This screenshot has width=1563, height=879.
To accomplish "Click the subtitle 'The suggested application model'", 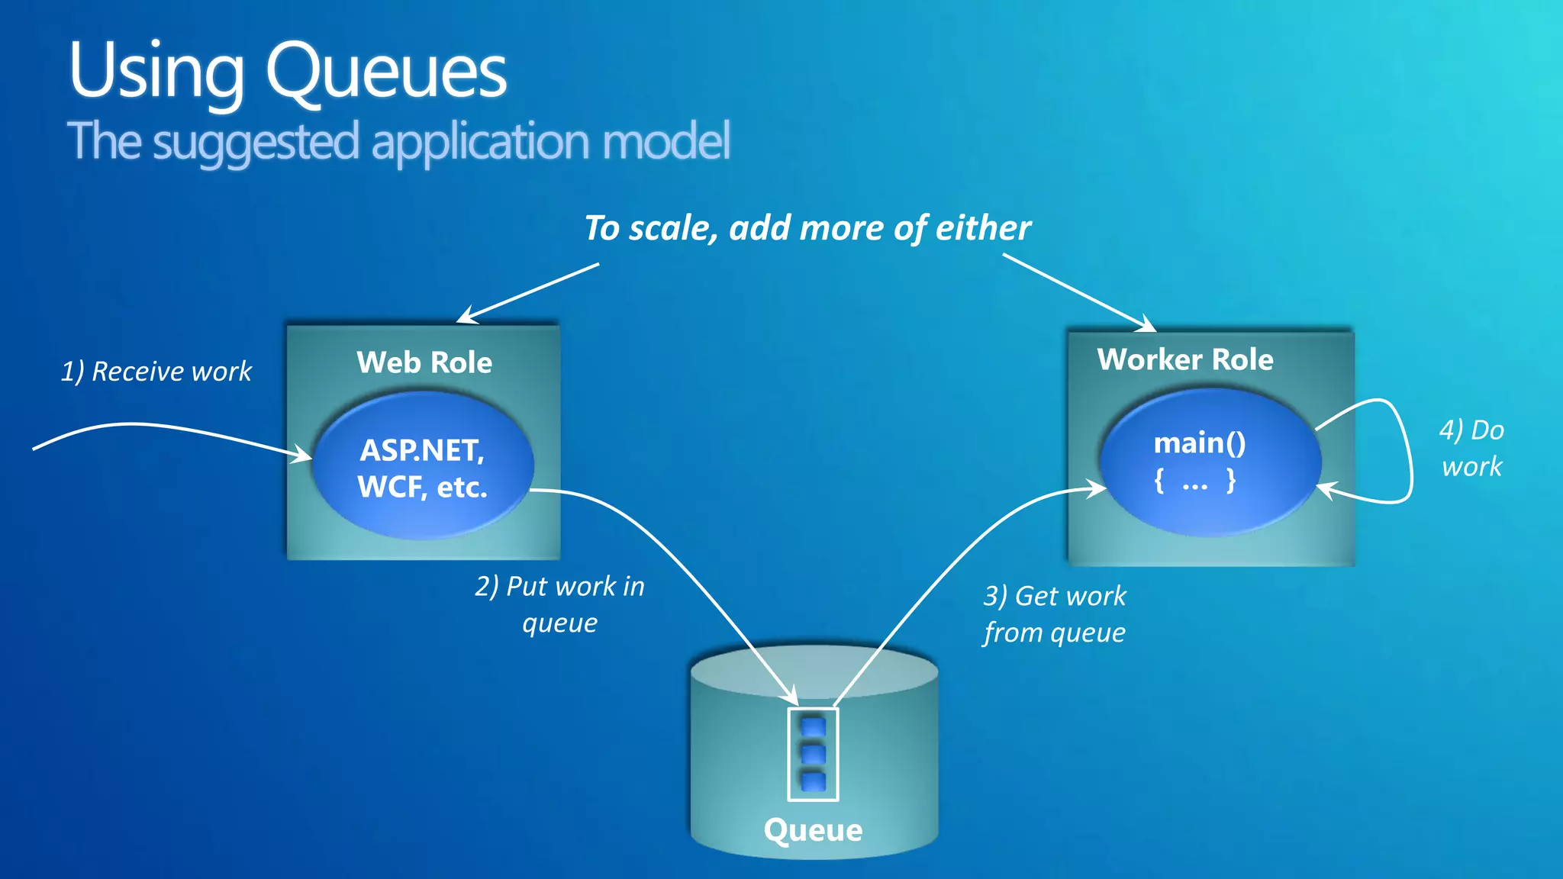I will pos(398,142).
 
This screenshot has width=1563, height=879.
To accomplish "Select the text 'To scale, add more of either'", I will pos(807,228).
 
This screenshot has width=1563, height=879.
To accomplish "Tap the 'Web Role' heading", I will pos(424,362).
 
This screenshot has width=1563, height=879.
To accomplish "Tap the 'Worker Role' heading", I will pos(1184,359).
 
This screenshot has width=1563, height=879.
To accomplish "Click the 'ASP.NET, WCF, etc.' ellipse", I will pos(422,468).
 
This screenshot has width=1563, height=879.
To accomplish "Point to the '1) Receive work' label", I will pos(156,372).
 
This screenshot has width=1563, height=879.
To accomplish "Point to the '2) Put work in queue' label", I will pos(559,604).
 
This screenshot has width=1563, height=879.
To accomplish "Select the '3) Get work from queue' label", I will pos(1054,614).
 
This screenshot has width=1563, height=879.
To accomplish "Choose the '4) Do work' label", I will pos(1471,448).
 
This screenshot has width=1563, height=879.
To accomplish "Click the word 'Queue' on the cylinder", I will pos(813,830).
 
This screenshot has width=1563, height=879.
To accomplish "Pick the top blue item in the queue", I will pos(813,726).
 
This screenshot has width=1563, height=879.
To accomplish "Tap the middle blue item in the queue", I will pos(813,754).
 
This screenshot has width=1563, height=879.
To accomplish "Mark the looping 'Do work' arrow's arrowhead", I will pos(1326,490).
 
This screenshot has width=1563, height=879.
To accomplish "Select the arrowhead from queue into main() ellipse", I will pos(1097,488).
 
